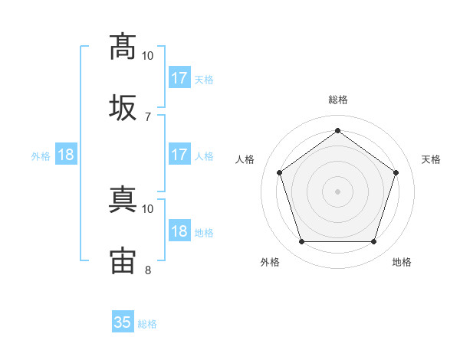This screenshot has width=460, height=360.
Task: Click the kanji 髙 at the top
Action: click(123, 47)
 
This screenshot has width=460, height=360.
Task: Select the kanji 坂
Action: click(123, 108)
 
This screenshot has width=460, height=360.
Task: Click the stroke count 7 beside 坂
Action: click(147, 116)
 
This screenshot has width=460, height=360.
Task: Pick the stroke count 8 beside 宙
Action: click(147, 270)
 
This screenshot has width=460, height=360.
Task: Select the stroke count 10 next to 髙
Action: click(148, 56)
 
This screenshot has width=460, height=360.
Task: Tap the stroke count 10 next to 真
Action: click(148, 208)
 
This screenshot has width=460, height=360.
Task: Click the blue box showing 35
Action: click(123, 322)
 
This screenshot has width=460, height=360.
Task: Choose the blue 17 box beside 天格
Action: click(179, 78)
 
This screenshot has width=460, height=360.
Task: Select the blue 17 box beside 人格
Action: click(179, 155)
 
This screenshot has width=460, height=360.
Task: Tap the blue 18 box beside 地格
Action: click(179, 231)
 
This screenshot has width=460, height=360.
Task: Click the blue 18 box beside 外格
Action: click(66, 155)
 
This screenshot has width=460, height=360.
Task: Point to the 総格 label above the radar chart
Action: click(337, 100)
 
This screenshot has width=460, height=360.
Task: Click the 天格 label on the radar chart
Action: click(431, 159)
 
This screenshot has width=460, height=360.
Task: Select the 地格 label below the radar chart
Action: click(402, 262)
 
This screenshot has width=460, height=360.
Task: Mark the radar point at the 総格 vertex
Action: click(337, 130)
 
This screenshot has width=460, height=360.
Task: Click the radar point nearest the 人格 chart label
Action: click(279, 172)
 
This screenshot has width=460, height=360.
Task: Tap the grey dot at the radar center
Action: click(337, 191)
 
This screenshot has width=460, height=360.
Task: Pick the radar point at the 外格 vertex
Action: click(301, 242)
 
